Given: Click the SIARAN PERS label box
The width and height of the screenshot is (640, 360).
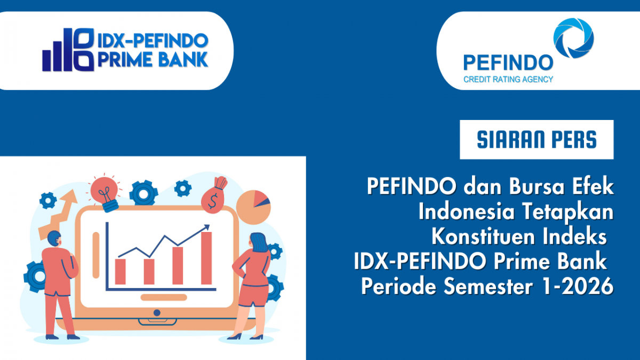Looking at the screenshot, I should pyautogui.click(x=537, y=140).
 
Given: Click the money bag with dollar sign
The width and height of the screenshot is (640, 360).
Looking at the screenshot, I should pyautogui.click(x=214, y=197).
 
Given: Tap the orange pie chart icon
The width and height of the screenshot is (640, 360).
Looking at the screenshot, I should pyautogui.click(x=253, y=206).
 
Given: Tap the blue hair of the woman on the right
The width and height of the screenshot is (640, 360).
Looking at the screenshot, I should pyautogui.click(x=258, y=243).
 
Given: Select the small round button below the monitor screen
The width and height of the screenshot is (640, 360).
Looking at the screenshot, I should pyautogui.click(x=157, y=313).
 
